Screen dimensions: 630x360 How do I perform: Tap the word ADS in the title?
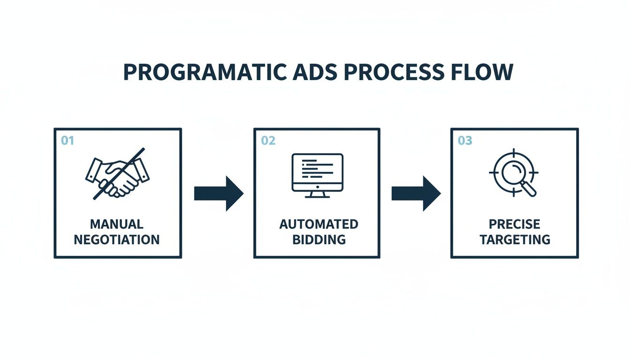pyautogui.click(x=315, y=72)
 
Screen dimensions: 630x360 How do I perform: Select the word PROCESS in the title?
pyautogui.click(x=394, y=72)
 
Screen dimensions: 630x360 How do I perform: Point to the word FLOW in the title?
pyautogui.click(x=482, y=72)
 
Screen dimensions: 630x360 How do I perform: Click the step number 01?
pyautogui.click(x=67, y=140)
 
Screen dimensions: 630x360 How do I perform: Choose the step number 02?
pyautogui.click(x=268, y=140)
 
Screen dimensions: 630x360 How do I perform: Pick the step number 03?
pyautogui.click(x=465, y=140)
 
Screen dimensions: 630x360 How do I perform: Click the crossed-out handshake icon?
pyautogui.click(x=118, y=173)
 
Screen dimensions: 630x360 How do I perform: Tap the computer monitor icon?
pyautogui.click(x=317, y=175)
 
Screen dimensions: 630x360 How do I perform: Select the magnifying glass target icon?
pyautogui.click(x=514, y=172)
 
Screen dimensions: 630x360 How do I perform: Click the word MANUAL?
pyautogui.click(x=117, y=224)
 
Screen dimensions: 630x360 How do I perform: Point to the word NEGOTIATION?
pyautogui.click(x=117, y=240)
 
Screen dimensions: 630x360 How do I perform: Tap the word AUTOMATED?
pyautogui.click(x=319, y=224)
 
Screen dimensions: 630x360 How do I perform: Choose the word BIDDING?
pyautogui.click(x=319, y=240)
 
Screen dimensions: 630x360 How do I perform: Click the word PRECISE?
pyautogui.click(x=514, y=224)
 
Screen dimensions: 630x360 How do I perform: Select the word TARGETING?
pyautogui.click(x=515, y=240)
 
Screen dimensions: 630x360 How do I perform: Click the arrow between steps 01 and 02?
pyautogui.click(x=219, y=194)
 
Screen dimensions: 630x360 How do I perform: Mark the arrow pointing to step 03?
pyautogui.click(x=416, y=194)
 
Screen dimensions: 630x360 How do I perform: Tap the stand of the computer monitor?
pyautogui.click(x=317, y=195)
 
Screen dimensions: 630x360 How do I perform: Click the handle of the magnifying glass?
pyautogui.click(x=529, y=189)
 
